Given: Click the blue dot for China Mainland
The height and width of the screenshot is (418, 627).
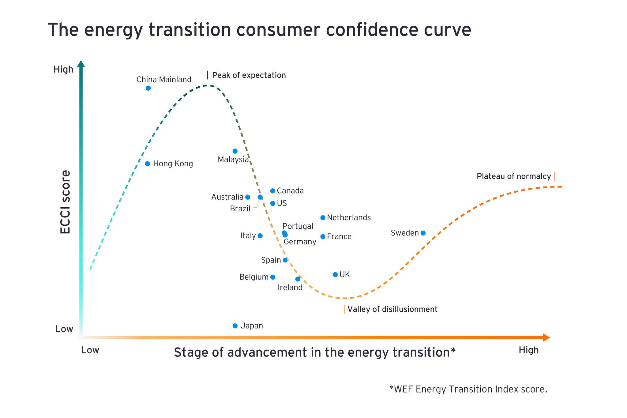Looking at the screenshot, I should (x=148, y=88).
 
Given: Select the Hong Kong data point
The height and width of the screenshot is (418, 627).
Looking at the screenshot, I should (x=148, y=164).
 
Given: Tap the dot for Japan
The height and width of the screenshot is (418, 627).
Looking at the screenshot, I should (x=235, y=326).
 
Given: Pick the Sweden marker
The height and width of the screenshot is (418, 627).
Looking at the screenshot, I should (x=423, y=233).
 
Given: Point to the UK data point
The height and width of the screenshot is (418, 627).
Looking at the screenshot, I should (x=335, y=275).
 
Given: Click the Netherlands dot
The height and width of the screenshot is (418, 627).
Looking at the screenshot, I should (x=323, y=218).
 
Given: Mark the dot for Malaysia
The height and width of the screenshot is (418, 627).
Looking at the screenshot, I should (x=235, y=151).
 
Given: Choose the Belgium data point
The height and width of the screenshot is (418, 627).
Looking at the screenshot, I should (x=273, y=277).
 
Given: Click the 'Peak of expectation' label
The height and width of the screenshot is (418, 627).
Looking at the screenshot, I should (x=249, y=75).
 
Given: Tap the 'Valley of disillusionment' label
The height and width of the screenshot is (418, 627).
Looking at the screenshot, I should (x=392, y=309).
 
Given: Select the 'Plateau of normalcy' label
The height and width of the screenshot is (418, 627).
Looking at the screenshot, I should (x=513, y=176).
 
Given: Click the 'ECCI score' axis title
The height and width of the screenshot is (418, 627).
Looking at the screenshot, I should (x=65, y=202).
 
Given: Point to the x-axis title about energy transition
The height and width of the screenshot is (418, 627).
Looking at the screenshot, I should (x=314, y=352).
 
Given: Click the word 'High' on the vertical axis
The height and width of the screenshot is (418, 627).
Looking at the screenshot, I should (x=63, y=70).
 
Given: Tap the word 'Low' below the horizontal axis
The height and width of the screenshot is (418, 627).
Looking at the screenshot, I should (x=90, y=350).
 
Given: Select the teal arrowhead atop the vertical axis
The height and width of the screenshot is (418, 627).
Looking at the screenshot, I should (x=81, y=64).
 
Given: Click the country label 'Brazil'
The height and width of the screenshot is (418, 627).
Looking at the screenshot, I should (x=240, y=209).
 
